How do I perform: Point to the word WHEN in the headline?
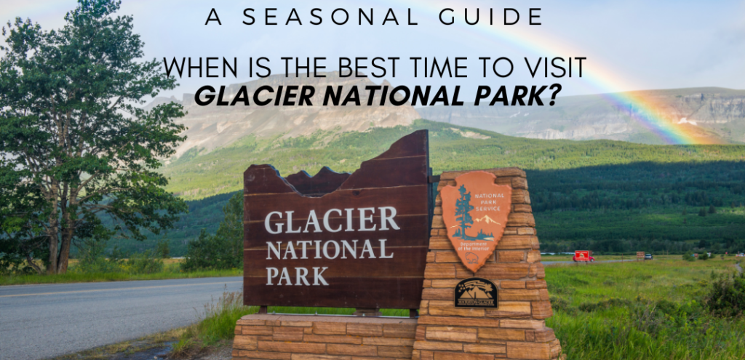coord(194,68)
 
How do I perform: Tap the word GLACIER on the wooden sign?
coord(332,220)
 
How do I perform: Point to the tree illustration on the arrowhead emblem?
coord(462,212)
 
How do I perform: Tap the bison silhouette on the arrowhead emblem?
coord(472,257)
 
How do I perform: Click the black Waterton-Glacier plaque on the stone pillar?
coord(476,292)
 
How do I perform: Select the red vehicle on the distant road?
coord(583,256)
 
